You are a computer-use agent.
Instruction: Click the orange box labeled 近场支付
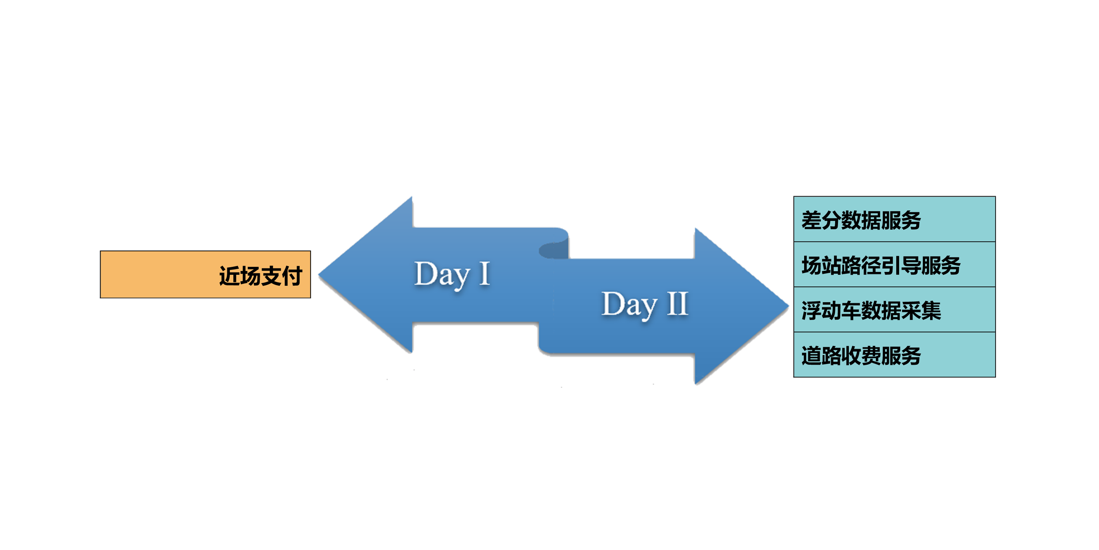point(205,274)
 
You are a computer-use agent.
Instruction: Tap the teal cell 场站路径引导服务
point(894,265)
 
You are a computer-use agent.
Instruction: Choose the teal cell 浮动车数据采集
point(894,310)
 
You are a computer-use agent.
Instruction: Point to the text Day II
point(645,304)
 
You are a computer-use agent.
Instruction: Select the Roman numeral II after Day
point(678,304)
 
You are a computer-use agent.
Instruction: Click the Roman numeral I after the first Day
point(484,273)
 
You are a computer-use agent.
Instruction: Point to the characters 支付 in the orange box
point(282,276)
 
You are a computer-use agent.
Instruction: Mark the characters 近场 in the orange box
point(240,276)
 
